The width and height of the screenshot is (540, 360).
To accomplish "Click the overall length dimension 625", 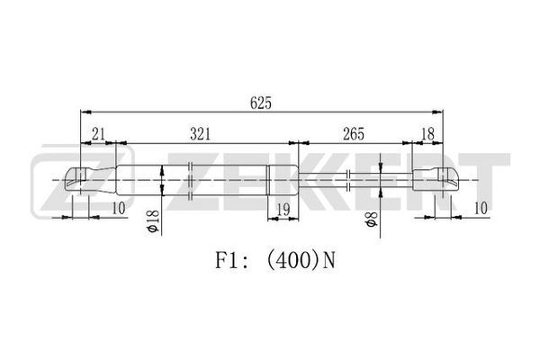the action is pyautogui.click(x=261, y=103).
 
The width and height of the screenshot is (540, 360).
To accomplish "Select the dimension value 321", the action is pyautogui.click(x=200, y=134).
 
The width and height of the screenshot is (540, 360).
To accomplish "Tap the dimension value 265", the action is pyautogui.click(x=354, y=134).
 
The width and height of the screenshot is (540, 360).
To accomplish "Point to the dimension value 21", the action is pyautogui.click(x=98, y=134).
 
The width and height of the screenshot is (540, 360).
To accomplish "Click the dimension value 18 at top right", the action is pyautogui.click(x=427, y=134).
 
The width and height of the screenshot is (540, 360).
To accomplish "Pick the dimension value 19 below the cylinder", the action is pyautogui.click(x=283, y=210).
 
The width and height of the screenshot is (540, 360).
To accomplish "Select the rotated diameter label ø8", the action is pyautogui.click(x=372, y=219).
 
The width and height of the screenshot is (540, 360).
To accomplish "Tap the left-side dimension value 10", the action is pyautogui.click(x=119, y=209).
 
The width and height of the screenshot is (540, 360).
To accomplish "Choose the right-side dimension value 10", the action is pyautogui.click(x=481, y=209).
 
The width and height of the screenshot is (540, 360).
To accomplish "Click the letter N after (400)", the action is pyautogui.click(x=328, y=261).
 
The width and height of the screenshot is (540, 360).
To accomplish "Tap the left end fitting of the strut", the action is pyautogui.click(x=90, y=180).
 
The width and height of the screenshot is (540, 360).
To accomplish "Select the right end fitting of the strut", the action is pyautogui.click(x=436, y=179).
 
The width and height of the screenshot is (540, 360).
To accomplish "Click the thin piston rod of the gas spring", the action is pyautogui.click(x=355, y=179).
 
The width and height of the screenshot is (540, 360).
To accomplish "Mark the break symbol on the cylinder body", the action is pyautogui.click(x=191, y=180).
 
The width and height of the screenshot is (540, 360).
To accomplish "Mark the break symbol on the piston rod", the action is pyautogui.click(x=348, y=180).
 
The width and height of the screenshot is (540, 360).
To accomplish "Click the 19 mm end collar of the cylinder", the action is pyautogui.click(x=283, y=180).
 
